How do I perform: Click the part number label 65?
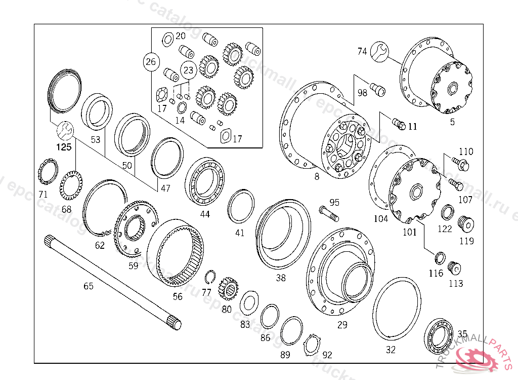click(89, 286)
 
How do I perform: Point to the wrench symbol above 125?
click(64, 131)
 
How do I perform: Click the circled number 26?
click(150, 62)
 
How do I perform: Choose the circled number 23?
click(188, 70)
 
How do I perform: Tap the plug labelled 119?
click(464, 222)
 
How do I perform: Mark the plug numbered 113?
click(455, 267)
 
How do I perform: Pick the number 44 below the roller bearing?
click(204, 214)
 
